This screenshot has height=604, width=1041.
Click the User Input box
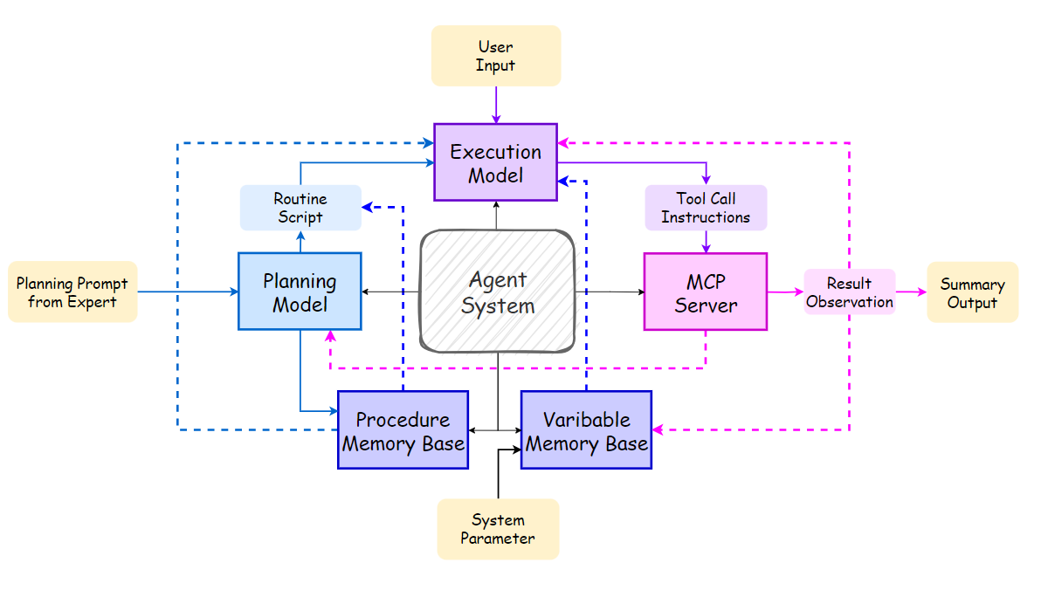click(496, 56)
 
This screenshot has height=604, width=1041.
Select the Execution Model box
click(496, 162)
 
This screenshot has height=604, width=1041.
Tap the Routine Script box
click(300, 208)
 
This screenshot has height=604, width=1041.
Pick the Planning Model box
click(300, 292)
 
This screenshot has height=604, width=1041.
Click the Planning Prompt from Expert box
click(72, 292)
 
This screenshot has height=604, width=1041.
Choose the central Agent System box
click(498, 292)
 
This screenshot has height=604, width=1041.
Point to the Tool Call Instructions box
click(706, 208)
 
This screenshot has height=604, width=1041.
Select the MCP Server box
click(706, 292)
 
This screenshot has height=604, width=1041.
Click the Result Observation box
click(850, 292)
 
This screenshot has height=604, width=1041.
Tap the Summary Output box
click(972, 292)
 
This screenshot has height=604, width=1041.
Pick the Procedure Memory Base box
click(403, 430)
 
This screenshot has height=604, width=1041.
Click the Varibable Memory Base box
click(586, 430)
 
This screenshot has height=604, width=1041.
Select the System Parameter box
click(498, 529)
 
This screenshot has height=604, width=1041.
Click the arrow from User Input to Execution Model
click(496, 105)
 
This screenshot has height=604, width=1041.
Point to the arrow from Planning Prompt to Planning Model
click(188, 292)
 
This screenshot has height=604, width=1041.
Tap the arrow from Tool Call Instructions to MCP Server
click(706, 242)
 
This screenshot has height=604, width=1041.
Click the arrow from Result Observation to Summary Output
click(911, 292)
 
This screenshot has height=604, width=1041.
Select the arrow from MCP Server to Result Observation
click(785, 292)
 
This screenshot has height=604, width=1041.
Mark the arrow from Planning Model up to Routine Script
click(300, 242)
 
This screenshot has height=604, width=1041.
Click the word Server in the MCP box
click(706, 305)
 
